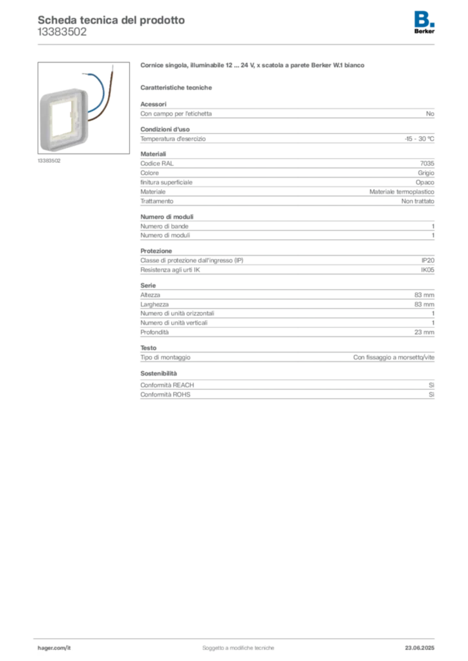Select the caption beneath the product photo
[x=48, y=161]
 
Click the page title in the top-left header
[x=111, y=19]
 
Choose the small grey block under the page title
[x=61, y=36]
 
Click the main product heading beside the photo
[x=253, y=66]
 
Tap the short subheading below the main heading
[x=178, y=86]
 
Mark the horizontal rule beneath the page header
[x=238, y=44]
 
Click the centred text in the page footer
[x=239, y=645]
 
